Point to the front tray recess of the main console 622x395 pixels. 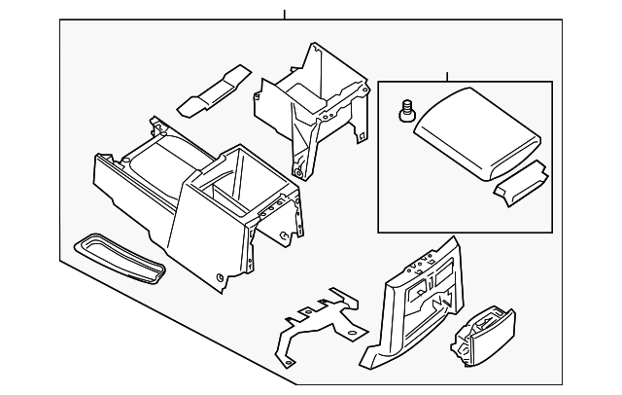point(160,162)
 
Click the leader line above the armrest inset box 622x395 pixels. point(447,76)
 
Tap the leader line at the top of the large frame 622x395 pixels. point(284,15)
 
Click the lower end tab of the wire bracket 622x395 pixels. point(289,362)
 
